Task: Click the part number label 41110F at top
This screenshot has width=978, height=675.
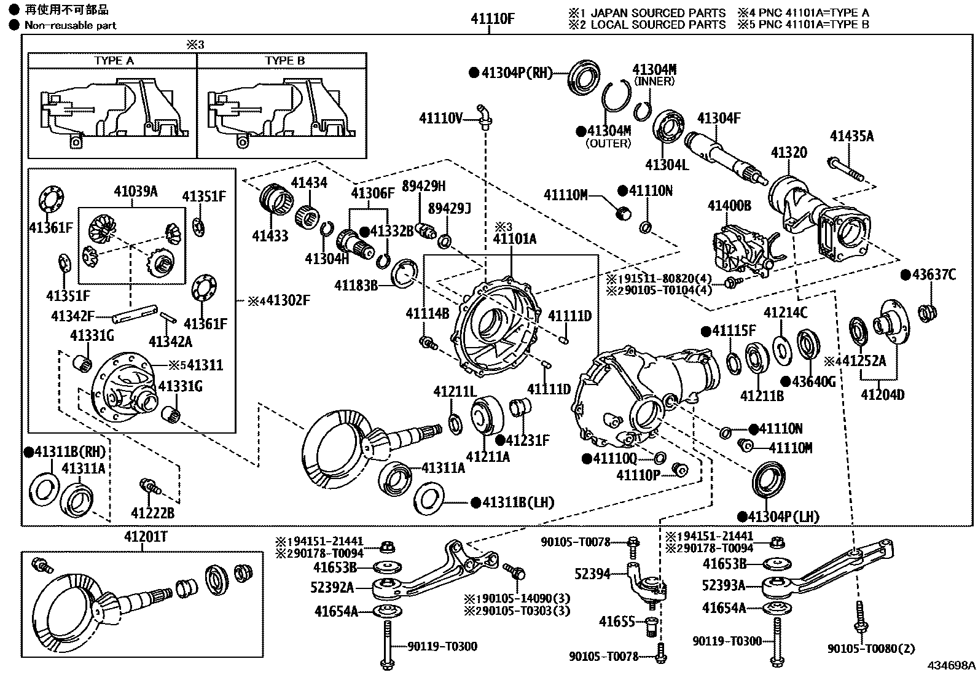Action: pos(492,18)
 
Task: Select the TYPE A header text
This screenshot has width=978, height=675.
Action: pos(114,61)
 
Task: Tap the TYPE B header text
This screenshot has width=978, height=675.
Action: pos(284,61)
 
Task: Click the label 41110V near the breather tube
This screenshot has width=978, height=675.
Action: pos(440,118)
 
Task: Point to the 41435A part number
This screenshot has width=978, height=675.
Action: pos(851,136)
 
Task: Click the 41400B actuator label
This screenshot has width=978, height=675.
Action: pos(729,205)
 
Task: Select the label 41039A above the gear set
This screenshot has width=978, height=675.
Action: pos(135,192)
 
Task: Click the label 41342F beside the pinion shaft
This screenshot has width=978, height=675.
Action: pos(72,316)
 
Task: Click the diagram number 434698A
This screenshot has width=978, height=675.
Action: pos(951,665)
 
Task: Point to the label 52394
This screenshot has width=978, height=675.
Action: pos(593,574)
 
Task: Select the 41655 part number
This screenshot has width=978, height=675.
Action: pos(616,622)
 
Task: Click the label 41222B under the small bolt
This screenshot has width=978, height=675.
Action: pos(152,512)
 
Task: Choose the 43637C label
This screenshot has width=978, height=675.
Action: pos(933,275)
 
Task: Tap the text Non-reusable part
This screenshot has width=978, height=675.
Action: pos(70,25)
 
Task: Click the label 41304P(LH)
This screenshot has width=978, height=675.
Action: pos(784,517)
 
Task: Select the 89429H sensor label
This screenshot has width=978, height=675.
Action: pos(424,186)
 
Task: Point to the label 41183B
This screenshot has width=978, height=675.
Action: pos(356,286)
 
